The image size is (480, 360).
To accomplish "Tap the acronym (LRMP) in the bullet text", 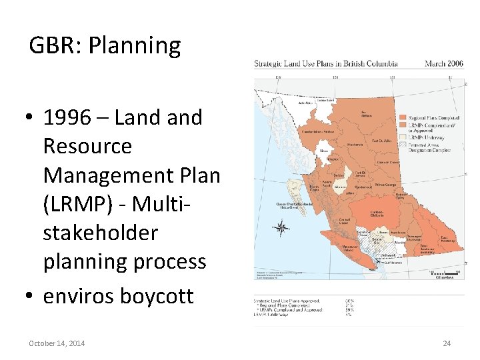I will (74, 204).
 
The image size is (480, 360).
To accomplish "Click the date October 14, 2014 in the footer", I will (57, 343).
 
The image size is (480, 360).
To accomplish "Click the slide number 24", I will (447, 343).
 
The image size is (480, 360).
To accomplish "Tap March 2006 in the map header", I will (443, 64).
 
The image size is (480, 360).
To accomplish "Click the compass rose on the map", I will (281, 229).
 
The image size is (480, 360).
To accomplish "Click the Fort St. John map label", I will (381, 141).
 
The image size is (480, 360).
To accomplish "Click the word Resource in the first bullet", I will (87, 146).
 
